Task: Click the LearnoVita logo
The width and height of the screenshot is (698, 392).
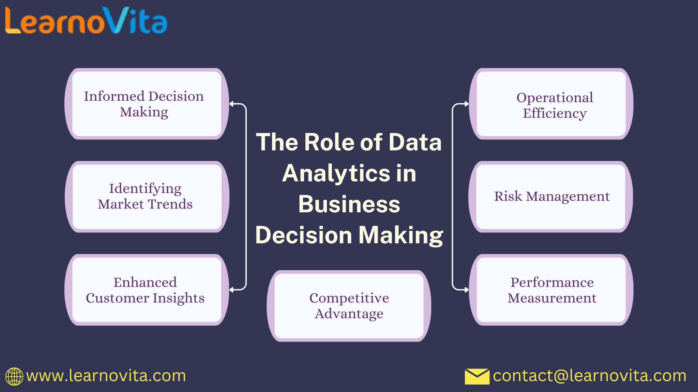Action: [86, 21]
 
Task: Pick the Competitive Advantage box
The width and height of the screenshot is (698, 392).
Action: [349, 306]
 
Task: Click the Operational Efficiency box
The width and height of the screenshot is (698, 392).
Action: [551, 104]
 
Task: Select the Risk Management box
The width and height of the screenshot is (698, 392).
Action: [551, 197]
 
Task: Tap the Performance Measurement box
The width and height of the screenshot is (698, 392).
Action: [551, 290]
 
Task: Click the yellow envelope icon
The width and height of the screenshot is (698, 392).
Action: [477, 376]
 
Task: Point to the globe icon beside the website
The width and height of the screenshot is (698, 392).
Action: [14, 376]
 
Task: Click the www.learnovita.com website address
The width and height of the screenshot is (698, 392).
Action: [106, 376]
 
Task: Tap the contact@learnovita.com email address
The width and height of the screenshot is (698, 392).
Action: [590, 376]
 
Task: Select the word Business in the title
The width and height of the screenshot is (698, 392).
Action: [349, 204]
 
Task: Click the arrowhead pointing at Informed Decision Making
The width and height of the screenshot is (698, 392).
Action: [232, 104]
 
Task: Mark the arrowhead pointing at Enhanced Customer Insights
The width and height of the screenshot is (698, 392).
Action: [232, 290]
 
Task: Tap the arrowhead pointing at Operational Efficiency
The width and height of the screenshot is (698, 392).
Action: [467, 104]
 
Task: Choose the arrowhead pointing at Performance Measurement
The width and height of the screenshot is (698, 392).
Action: [467, 290]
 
